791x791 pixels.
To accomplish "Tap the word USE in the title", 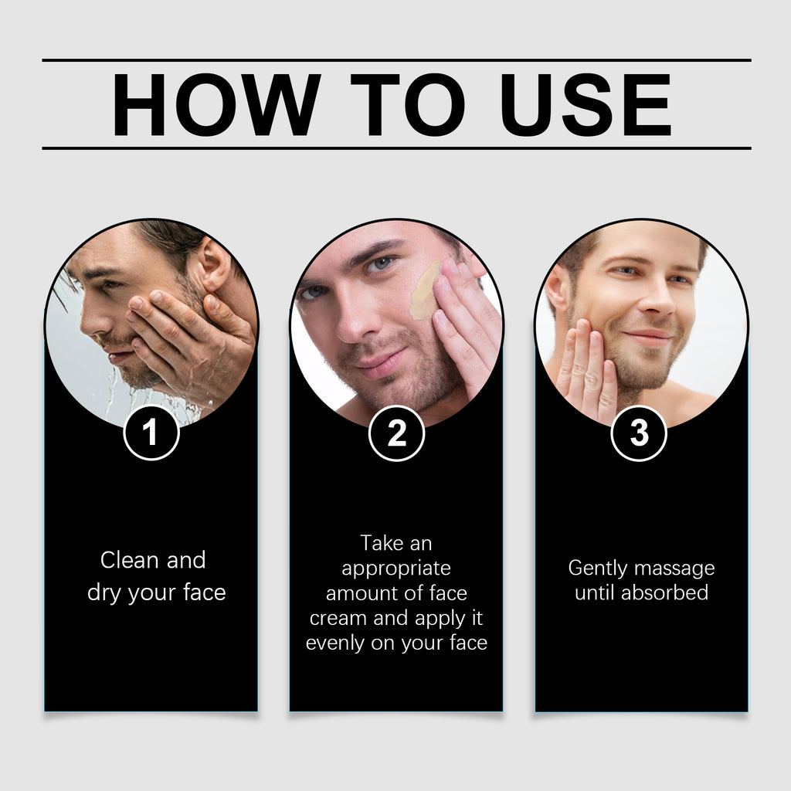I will [x=586, y=104].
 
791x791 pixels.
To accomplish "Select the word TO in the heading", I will [x=408, y=104].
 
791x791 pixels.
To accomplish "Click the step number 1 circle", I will [x=151, y=433].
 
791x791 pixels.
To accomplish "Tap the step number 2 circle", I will [x=396, y=433].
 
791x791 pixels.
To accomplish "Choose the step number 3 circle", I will [x=639, y=433].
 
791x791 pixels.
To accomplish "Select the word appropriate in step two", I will [x=396, y=569].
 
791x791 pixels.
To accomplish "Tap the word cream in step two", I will [x=337, y=618].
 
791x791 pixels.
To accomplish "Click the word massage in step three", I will [x=675, y=569].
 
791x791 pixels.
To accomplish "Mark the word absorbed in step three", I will [x=664, y=593].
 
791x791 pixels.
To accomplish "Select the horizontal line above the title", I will [x=396, y=59].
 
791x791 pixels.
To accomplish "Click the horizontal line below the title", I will [x=396, y=148].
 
